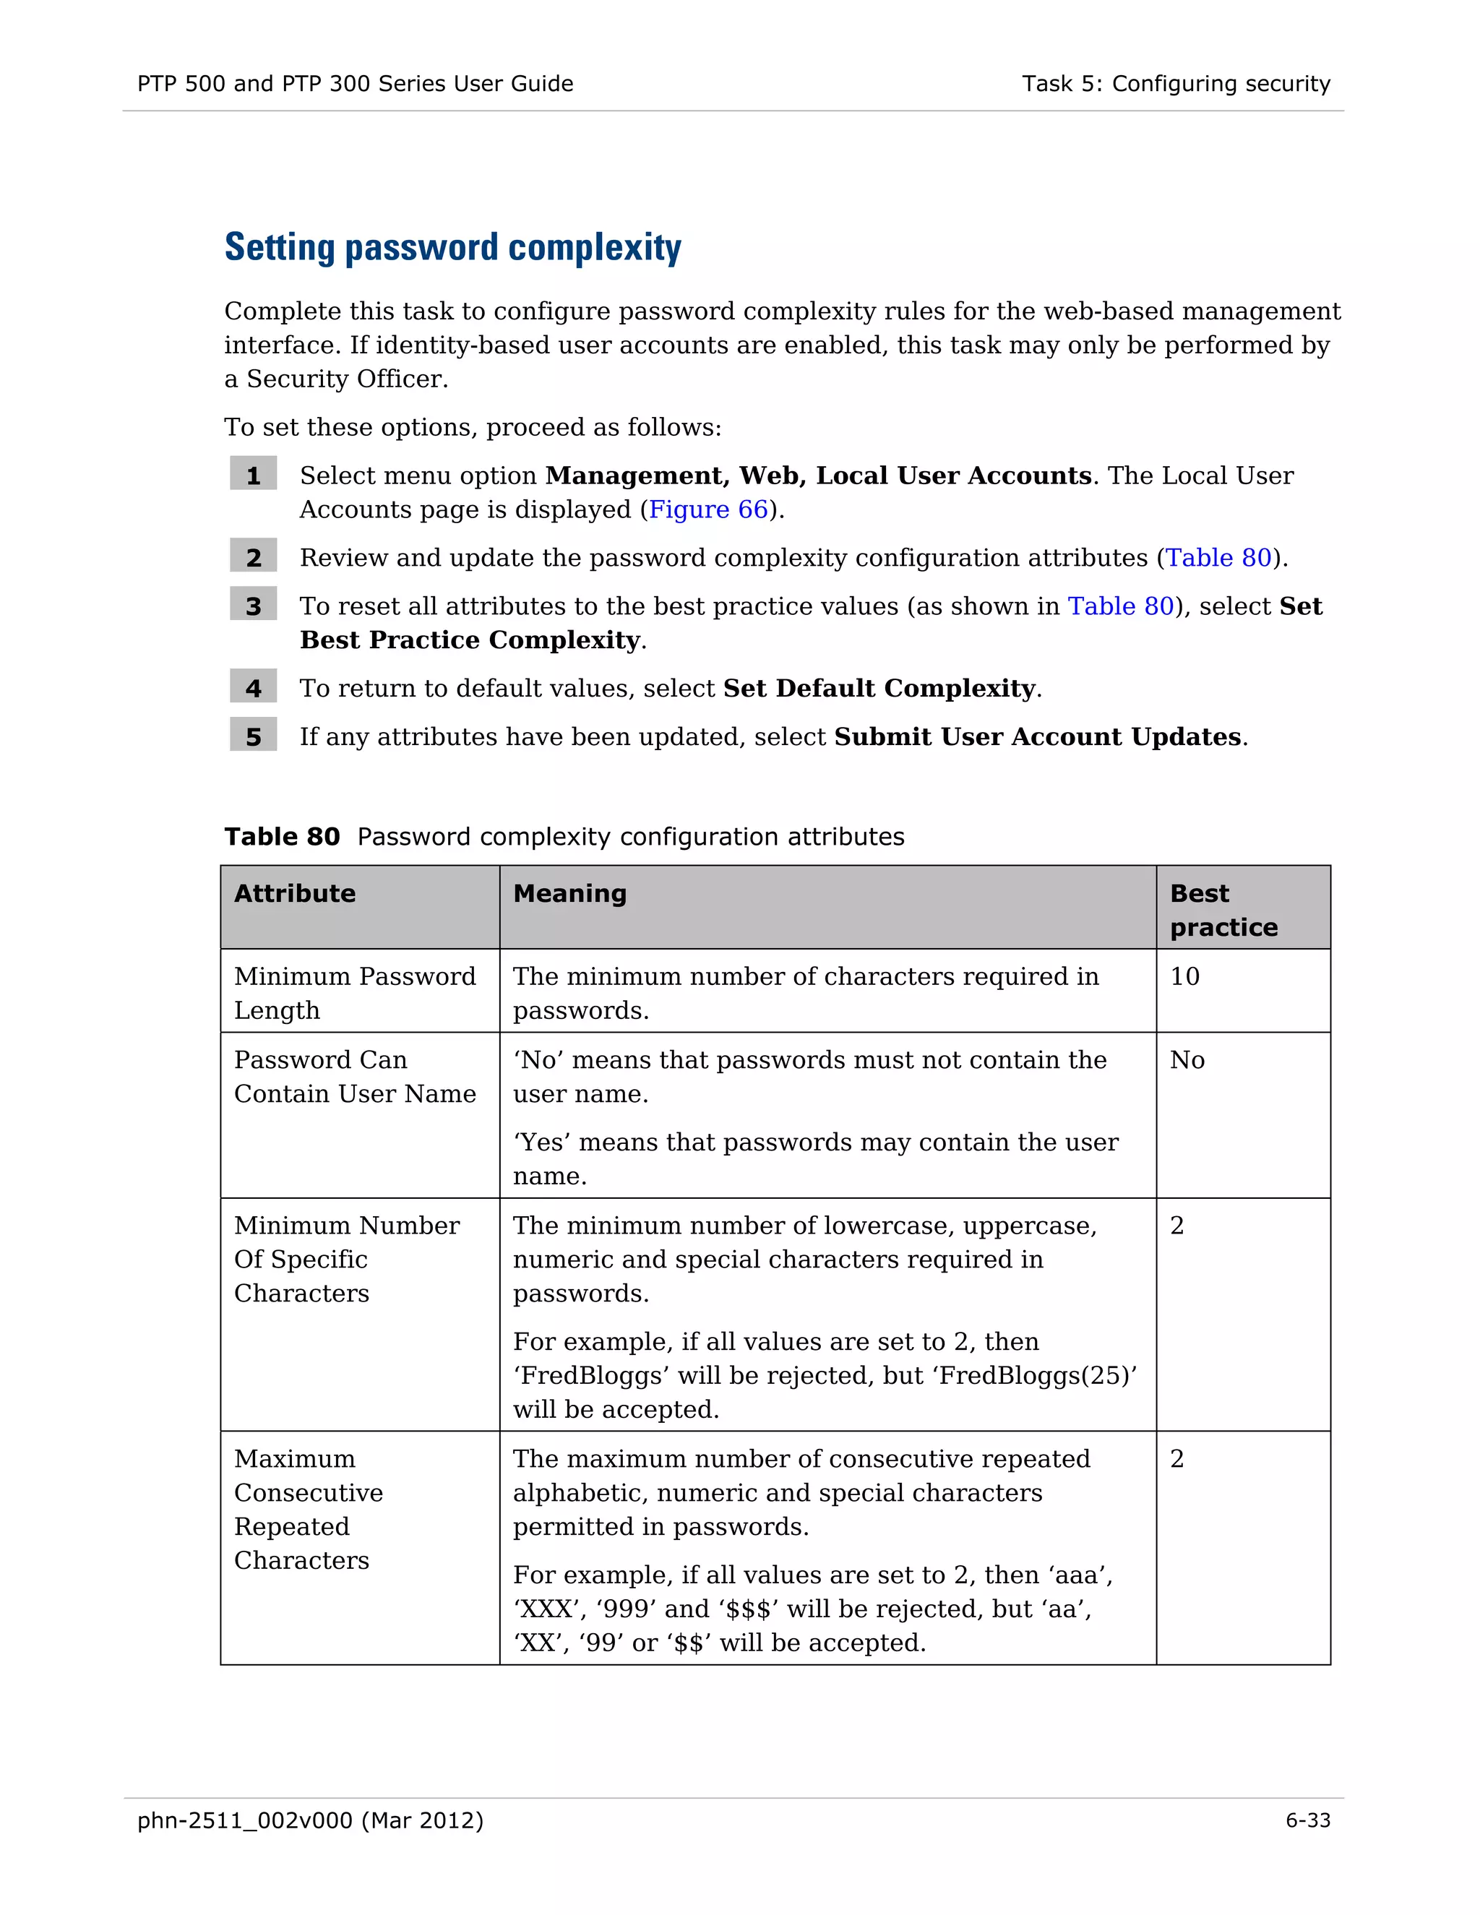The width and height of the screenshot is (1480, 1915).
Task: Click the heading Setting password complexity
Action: point(452,248)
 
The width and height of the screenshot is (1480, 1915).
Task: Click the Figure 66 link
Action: point(708,509)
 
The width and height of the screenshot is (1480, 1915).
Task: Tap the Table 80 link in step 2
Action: point(1218,558)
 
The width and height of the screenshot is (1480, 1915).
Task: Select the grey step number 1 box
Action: point(254,474)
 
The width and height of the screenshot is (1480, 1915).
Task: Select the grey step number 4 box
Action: point(254,687)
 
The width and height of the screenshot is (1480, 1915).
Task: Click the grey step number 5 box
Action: point(254,736)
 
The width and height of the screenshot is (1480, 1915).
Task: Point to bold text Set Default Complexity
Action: point(879,688)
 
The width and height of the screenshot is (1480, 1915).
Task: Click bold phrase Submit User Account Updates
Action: point(1037,736)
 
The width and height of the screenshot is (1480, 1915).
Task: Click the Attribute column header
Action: point(295,893)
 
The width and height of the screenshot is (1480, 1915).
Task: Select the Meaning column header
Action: point(570,893)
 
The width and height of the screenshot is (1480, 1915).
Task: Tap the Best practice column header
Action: point(1223,909)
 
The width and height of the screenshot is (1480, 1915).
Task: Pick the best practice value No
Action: point(1187,1060)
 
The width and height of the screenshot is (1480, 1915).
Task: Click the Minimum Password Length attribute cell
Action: point(354,993)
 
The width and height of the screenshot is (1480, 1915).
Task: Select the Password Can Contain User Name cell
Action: point(354,1077)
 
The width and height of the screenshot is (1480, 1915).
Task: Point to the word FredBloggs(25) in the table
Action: point(1037,1376)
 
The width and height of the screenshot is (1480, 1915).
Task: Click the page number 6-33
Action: point(1307,1820)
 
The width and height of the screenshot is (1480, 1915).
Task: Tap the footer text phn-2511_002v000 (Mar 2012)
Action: point(310,1820)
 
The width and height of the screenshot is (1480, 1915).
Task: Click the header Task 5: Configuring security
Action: point(1175,84)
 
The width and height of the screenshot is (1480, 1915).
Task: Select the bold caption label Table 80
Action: point(281,837)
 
